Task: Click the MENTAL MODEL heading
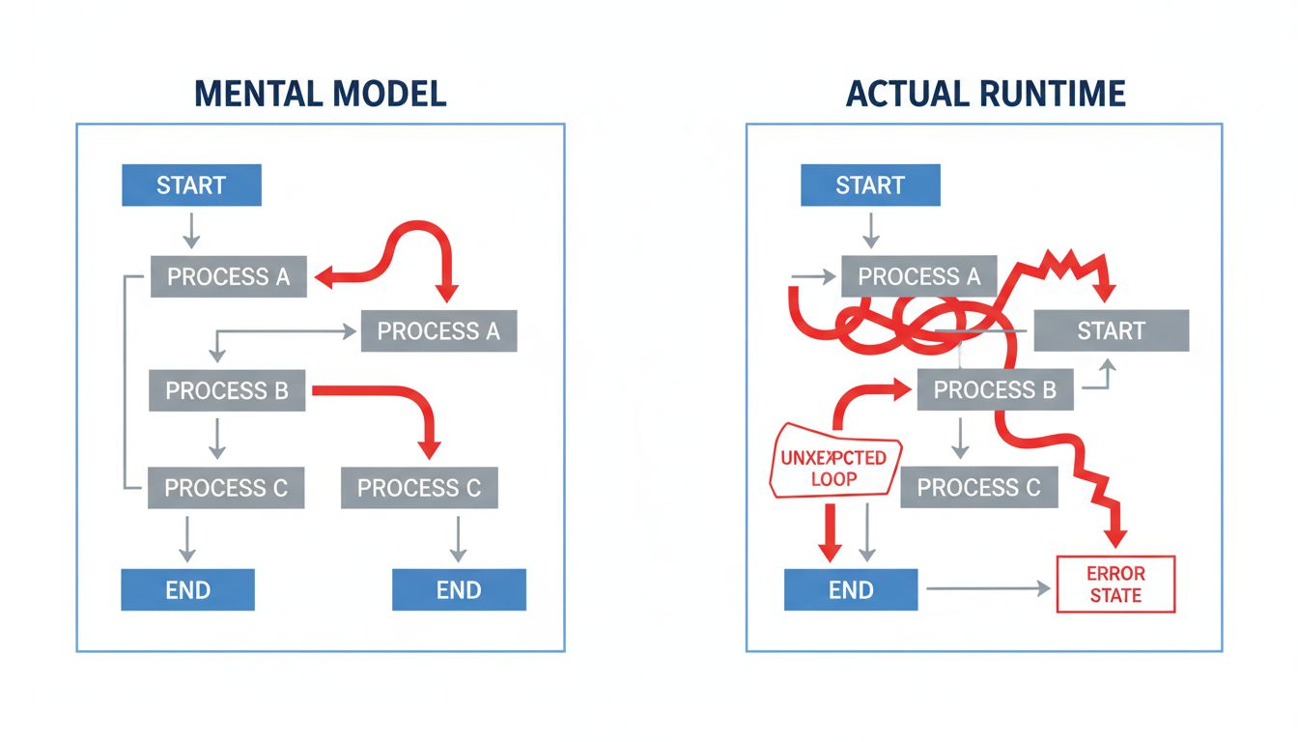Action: (320, 93)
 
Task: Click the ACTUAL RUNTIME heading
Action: (985, 93)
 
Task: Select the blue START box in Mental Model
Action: (191, 185)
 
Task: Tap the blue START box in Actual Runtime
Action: (870, 185)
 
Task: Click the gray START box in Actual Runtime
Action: (1111, 331)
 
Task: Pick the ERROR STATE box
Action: (1116, 584)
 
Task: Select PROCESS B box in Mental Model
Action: (227, 391)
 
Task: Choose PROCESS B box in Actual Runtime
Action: (995, 391)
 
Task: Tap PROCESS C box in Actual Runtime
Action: (978, 488)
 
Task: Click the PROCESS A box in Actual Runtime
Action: (918, 277)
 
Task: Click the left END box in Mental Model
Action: (187, 589)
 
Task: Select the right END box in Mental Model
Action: (459, 589)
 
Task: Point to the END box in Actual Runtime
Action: (851, 589)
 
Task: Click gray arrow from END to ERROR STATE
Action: (985, 587)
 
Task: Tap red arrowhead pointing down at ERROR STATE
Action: (1116, 540)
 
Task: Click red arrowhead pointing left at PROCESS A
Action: (326, 277)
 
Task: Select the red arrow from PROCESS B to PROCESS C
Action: (386, 393)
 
